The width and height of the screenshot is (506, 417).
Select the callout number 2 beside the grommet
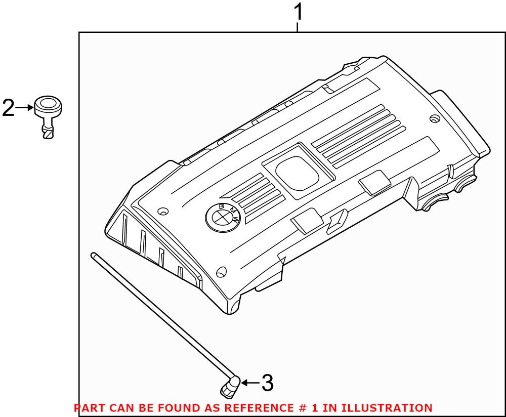point(9,108)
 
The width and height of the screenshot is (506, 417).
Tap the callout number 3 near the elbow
point(267,383)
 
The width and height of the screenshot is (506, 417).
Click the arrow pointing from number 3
point(249,383)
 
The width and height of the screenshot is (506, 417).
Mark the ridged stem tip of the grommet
point(49,133)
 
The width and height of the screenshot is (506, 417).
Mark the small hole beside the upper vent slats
point(433,119)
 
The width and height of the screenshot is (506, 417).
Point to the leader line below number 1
point(298,27)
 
